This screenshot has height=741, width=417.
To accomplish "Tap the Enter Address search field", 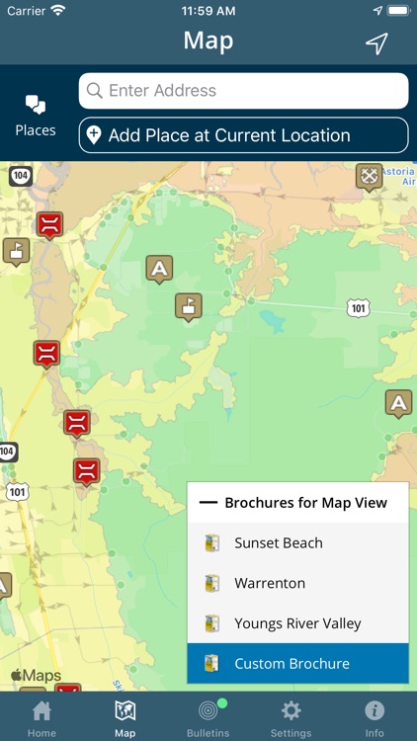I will [x=243, y=91].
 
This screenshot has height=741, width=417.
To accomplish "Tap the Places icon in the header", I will [x=36, y=115].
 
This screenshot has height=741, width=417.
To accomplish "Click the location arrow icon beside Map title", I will [x=376, y=42].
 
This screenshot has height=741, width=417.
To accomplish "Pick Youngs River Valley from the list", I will [x=297, y=623].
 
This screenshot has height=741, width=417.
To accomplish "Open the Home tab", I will [x=42, y=716].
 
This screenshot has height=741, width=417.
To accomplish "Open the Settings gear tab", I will [x=291, y=716].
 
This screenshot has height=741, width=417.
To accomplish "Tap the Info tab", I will [x=375, y=716].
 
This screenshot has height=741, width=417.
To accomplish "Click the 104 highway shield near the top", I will [x=20, y=176].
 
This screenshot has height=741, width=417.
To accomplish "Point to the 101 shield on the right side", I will [x=359, y=308].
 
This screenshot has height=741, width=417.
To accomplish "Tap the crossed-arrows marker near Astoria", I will [x=369, y=177].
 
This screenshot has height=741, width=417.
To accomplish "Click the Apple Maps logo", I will [x=36, y=676].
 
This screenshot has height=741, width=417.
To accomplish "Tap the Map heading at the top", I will [x=208, y=41].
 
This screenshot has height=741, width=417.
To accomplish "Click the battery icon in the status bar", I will [x=397, y=11].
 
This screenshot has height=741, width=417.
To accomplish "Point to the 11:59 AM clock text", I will [x=208, y=11].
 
